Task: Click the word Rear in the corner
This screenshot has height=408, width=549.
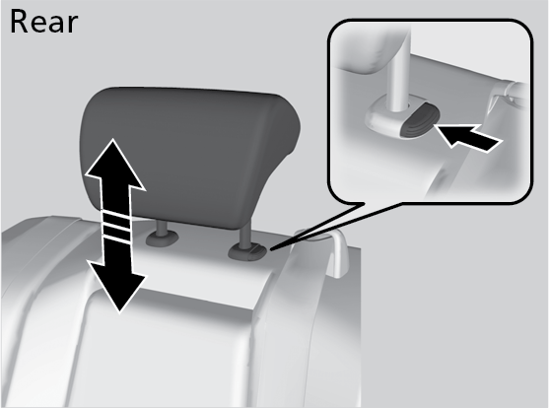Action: click(43, 22)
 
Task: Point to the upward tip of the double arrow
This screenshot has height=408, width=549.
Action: click(112, 139)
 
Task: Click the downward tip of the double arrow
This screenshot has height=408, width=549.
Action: click(119, 311)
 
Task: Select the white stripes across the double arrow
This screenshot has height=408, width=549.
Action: click(116, 226)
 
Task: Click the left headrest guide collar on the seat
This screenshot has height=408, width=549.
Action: click(162, 238)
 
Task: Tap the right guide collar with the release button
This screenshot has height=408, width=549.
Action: click(248, 252)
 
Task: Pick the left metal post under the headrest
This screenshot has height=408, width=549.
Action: click(162, 228)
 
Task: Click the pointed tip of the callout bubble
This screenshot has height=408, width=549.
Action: click(271, 249)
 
